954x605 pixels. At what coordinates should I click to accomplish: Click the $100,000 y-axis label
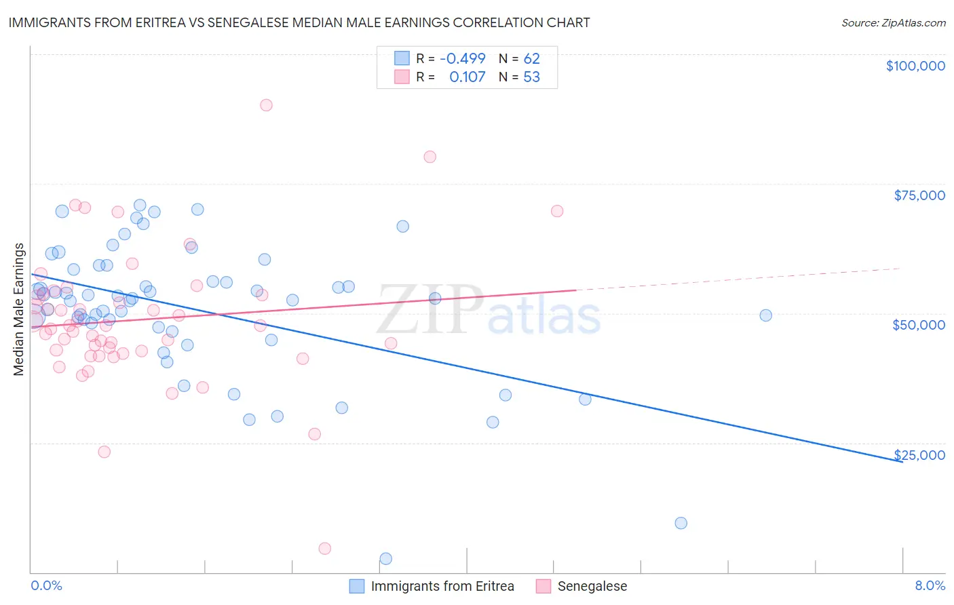(x=915, y=66)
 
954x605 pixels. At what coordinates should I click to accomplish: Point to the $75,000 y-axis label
(x=919, y=195)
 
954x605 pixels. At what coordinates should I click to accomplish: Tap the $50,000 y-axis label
(x=919, y=325)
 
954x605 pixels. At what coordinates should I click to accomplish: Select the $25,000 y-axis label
(x=919, y=455)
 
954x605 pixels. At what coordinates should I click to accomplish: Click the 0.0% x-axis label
(x=46, y=585)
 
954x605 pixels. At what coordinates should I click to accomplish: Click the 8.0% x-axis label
(x=930, y=585)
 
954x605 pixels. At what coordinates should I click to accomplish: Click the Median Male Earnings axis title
(x=19, y=309)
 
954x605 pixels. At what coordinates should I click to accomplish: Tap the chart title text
(x=299, y=22)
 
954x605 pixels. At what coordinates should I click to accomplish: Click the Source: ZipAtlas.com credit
(x=893, y=22)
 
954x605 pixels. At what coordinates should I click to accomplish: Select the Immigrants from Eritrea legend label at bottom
(x=442, y=586)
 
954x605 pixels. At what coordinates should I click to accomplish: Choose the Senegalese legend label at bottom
(x=592, y=586)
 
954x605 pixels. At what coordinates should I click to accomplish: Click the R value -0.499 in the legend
(x=463, y=58)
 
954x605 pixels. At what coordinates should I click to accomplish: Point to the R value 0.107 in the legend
(x=467, y=77)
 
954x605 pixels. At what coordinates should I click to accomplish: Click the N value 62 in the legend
(x=531, y=58)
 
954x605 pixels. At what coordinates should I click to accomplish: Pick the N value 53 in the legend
(x=531, y=77)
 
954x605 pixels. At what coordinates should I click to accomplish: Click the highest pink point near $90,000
(x=266, y=105)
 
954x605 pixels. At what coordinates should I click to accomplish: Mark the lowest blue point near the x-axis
(x=386, y=559)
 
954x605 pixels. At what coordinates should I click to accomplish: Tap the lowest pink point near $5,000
(x=325, y=549)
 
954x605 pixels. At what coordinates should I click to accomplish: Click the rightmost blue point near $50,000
(x=765, y=315)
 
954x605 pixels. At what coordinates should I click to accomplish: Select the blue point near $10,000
(x=681, y=523)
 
